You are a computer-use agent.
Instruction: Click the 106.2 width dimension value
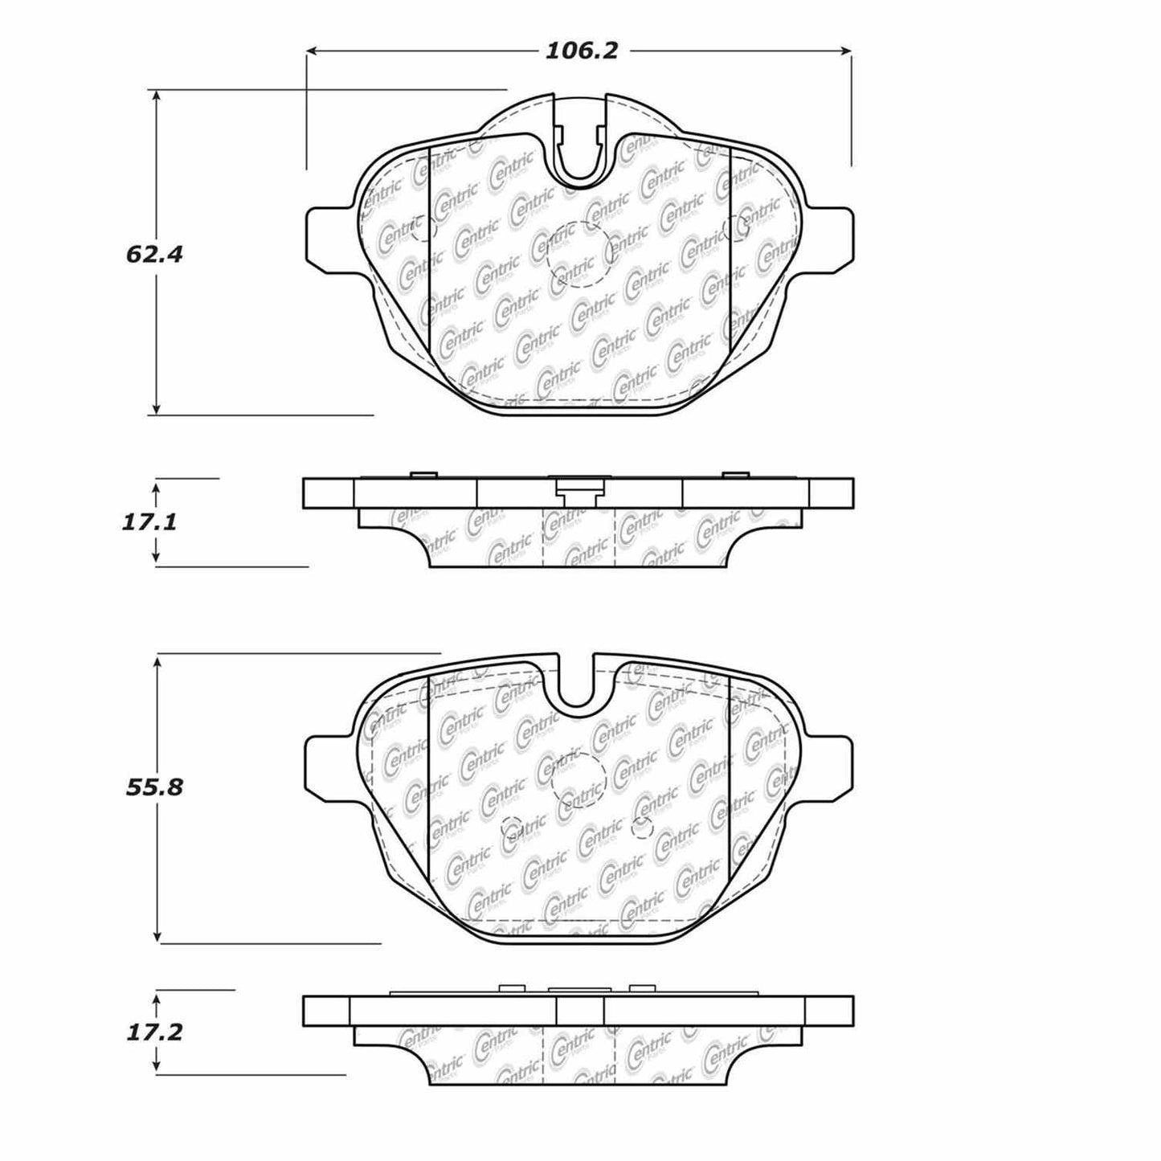(x=582, y=51)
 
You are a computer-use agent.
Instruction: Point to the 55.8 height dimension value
(x=155, y=787)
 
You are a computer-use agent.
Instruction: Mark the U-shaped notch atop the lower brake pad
(x=580, y=687)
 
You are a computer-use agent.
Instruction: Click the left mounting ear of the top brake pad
(x=329, y=235)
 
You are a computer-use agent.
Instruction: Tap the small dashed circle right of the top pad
(x=736, y=228)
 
